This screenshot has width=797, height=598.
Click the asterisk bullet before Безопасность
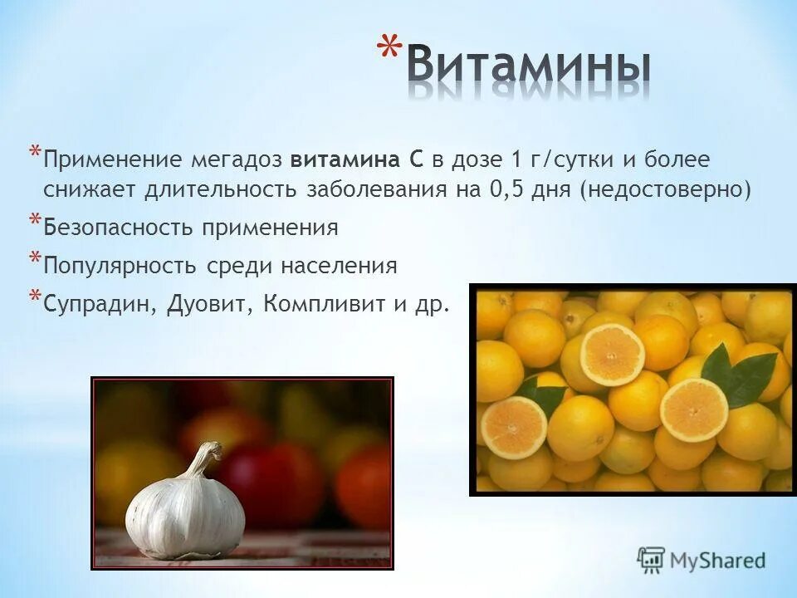coord(35,221)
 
